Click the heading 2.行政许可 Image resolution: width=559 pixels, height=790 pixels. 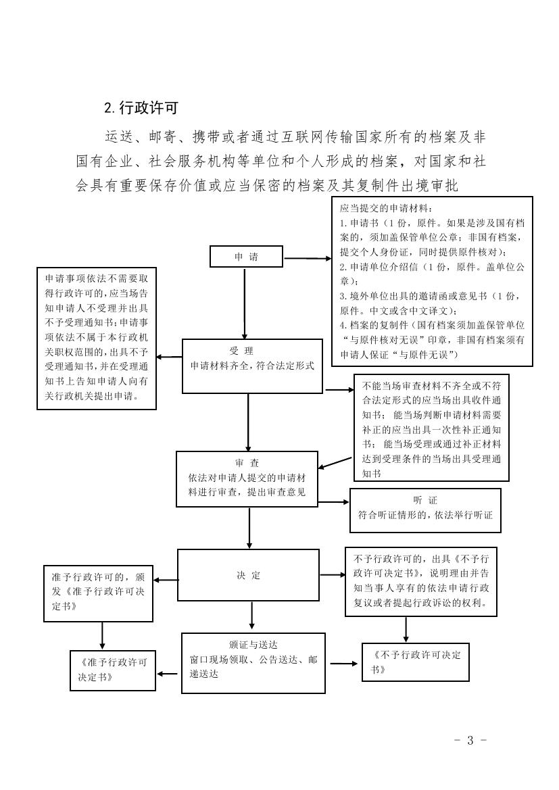(141, 107)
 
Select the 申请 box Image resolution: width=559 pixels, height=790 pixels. (246, 257)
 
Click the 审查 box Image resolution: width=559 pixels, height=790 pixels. (247, 478)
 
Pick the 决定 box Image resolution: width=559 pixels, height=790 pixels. (248, 575)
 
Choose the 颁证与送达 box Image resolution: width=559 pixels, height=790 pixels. (253, 663)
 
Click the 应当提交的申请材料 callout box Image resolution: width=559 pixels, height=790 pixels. (432, 280)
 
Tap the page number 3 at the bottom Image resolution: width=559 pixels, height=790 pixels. (470, 740)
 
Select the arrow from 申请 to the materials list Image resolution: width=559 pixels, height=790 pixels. (308, 258)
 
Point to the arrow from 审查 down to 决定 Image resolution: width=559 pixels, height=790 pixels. (250, 528)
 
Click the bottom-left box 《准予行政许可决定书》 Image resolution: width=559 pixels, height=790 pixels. (112, 670)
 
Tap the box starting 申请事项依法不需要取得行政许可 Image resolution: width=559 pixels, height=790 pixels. (97, 337)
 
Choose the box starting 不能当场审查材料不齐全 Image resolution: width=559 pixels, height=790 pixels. (431, 427)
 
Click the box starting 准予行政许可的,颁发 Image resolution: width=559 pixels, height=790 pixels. (98, 593)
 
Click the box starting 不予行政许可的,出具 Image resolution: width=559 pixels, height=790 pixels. (420, 581)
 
